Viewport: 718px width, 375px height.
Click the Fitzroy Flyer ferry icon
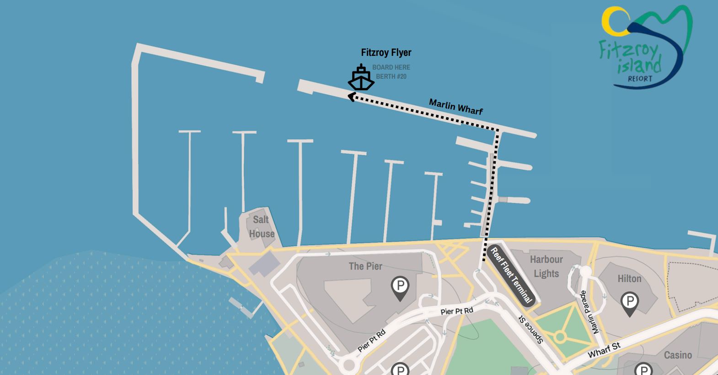click(x=361, y=78)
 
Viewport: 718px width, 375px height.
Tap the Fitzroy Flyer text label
click(x=386, y=53)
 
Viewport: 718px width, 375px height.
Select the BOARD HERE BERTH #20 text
click(x=391, y=72)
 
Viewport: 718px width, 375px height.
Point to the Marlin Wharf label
click(x=455, y=107)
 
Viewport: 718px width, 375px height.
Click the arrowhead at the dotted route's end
click(x=351, y=97)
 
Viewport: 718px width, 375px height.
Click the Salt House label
click(x=262, y=227)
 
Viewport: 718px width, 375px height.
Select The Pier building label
click(x=365, y=266)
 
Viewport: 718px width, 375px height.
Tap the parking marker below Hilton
click(x=629, y=303)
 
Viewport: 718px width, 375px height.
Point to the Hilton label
click(x=629, y=278)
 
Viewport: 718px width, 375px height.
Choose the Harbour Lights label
click(x=546, y=266)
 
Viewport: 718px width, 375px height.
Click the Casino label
click(x=678, y=355)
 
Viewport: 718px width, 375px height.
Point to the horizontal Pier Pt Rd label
click(x=456, y=311)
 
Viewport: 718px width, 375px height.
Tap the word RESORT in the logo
click(x=640, y=79)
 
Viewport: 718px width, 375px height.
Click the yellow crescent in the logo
click(x=613, y=23)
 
